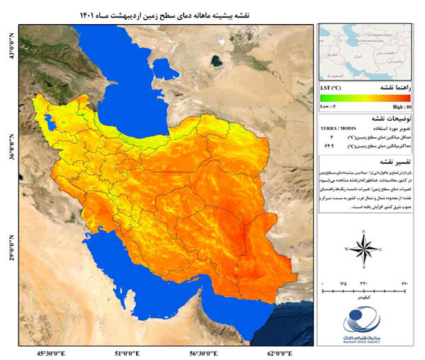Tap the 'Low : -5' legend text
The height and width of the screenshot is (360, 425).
tap(329, 104)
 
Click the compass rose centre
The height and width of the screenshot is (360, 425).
tap(363, 249)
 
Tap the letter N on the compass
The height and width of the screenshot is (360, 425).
tap(363, 231)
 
